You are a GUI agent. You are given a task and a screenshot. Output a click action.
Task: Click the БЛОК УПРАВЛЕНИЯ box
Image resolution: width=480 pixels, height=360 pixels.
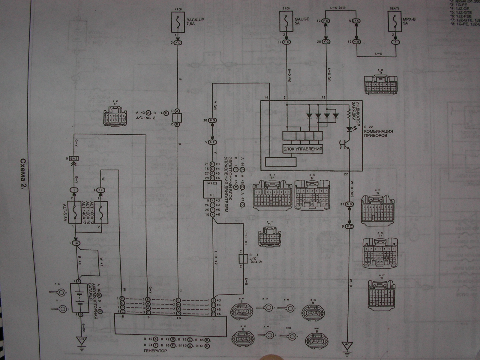pyautogui.click(x=303, y=149)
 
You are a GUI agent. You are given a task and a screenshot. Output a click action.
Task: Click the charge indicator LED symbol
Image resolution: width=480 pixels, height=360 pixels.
pyautogui.click(x=349, y=129)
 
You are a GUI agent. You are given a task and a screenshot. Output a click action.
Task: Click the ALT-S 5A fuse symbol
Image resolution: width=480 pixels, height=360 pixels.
pyautogui.click(x=75, y=212)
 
